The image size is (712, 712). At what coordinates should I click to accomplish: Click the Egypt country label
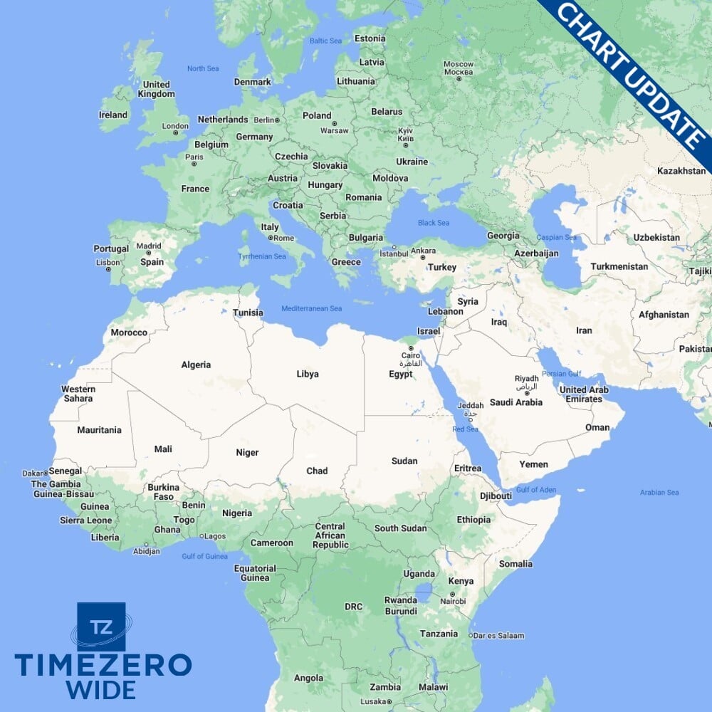(401, 374)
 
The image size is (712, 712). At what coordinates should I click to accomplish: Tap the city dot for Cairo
(410, 348)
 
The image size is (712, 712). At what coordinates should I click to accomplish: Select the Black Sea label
(433, 223)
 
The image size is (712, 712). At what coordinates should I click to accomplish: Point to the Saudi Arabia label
(515, 402)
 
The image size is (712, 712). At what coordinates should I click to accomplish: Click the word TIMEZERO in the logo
(103, 665)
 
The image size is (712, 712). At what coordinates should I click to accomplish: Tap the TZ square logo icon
(101, 627)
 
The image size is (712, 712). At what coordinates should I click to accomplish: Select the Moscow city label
(458, 64)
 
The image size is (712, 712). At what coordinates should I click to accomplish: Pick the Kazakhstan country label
(681, 172)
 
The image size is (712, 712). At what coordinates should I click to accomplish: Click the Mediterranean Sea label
(312, 308)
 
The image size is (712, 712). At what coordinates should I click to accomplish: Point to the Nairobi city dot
(451, 594)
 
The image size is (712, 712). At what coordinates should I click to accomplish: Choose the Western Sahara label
(78, 394)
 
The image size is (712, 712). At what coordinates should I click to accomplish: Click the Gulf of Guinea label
(204, 556)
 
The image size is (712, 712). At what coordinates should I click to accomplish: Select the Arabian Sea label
(659, 492)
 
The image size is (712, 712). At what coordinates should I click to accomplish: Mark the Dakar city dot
(46, 472)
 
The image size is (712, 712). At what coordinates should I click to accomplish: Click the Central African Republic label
(330, 535)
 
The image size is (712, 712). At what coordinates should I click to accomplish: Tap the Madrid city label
(149, 246)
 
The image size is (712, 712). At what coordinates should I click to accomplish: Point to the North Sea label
(202, 68)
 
